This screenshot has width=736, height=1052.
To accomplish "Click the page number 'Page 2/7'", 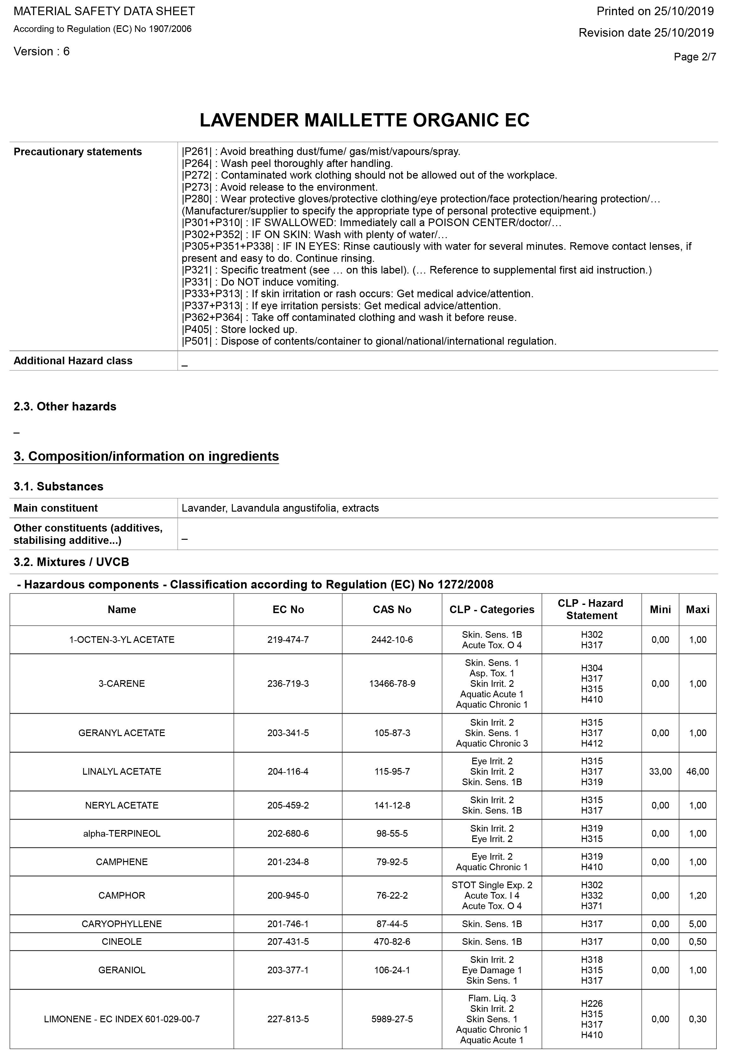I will click(x=694, y=57).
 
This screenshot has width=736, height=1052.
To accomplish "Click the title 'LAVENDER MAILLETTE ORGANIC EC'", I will click(x=365, y=120).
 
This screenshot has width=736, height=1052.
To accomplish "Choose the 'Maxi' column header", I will click(x=697, y=609).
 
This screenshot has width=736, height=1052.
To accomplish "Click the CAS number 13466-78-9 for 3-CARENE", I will click(x=392, y=684).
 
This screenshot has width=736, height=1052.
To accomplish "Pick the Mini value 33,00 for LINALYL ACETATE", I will click(x=660, y=772).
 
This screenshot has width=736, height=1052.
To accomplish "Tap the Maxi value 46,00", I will click(x=697, y=772).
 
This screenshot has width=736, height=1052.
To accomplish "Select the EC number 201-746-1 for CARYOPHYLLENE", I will click(x=288, y=924).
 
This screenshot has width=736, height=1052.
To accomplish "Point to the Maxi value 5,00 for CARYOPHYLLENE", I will click(x=697, y=924).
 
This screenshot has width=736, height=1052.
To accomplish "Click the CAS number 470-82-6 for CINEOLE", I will click(x=392, y=942).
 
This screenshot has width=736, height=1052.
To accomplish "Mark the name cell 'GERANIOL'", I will click(x=122, y=970).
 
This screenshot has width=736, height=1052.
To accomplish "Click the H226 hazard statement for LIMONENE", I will click(x=592, y=1003).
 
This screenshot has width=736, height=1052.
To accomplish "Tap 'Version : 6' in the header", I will click(x=42, y=51).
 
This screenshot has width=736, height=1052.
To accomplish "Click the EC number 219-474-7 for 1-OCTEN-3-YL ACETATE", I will click(x=288, y=640).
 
